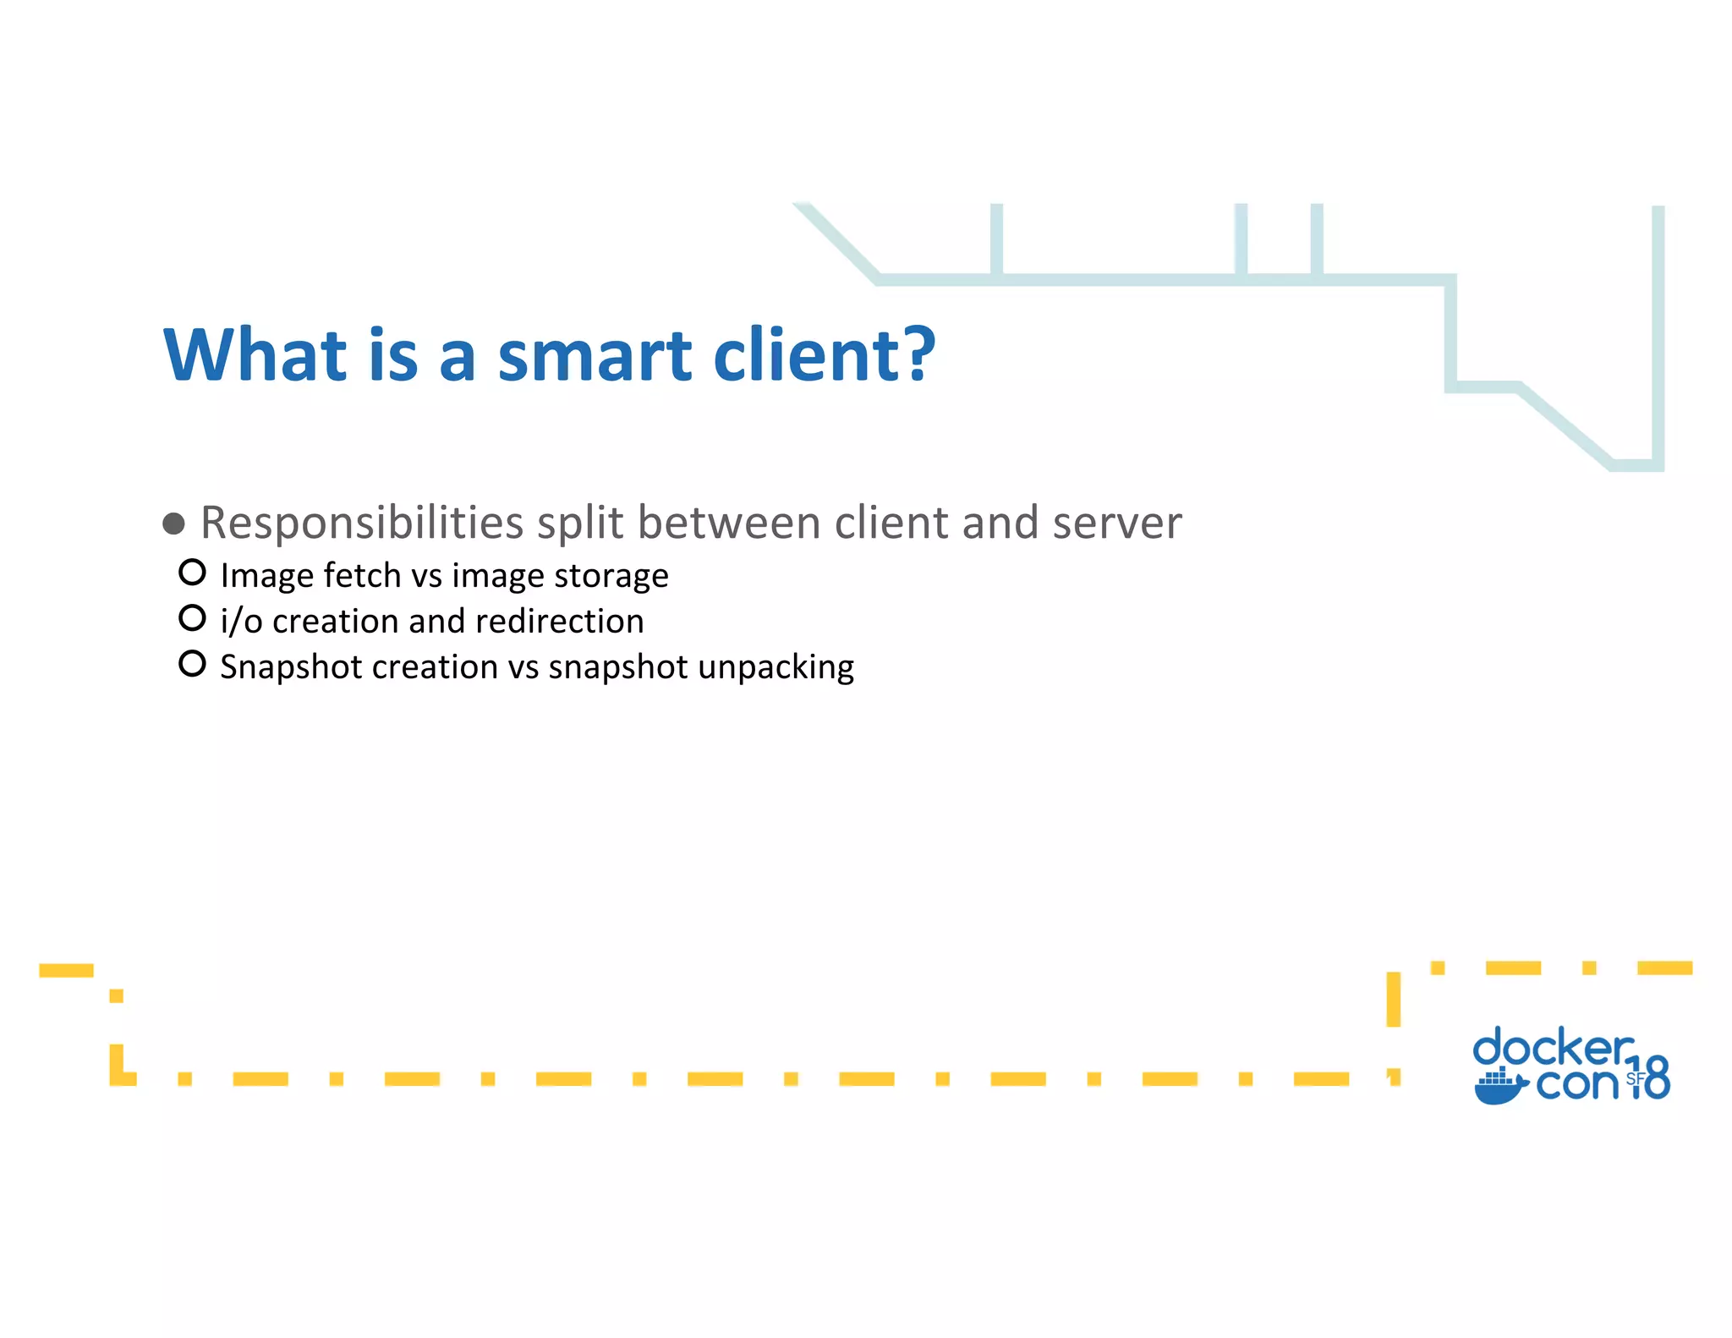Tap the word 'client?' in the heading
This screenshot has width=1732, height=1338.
click(x=824, y=355)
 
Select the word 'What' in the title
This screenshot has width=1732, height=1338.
click(x=255, y=355)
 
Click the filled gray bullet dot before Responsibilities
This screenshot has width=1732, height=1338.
click(x=174, y=524)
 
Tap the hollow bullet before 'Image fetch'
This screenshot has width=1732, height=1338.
click(x=193, y=573)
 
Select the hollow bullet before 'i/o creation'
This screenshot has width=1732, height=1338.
click(x=193, y=618)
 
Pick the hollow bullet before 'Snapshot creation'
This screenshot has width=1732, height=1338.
click(x=193, y=664)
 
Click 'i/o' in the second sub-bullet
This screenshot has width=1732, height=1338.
click(x=241, y=622)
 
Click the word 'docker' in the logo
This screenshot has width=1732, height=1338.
click(x=1553, y=1049)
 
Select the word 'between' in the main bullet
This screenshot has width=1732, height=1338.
click(x=728, y=524)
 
